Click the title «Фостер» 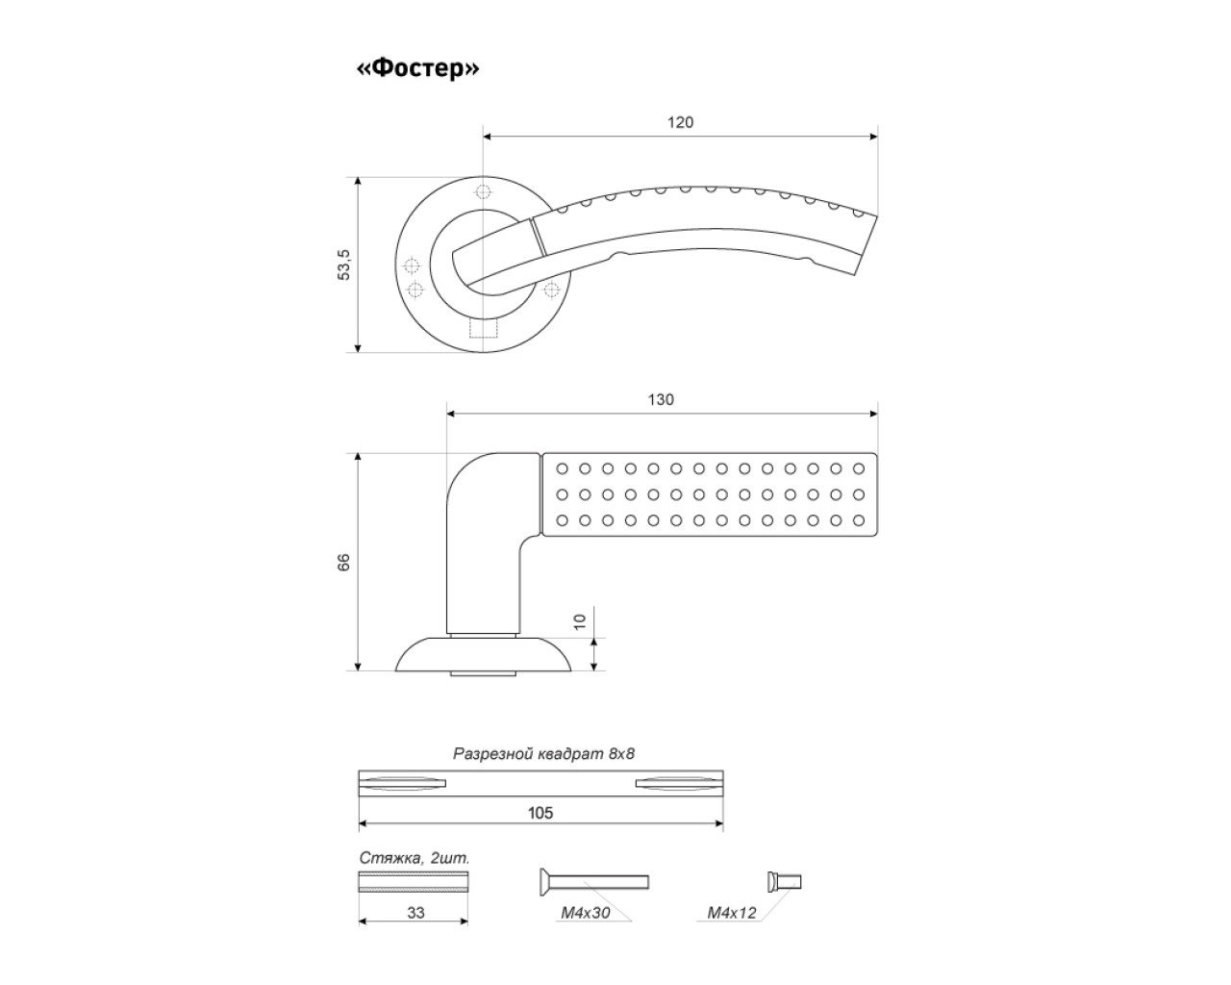[x=418, y=68]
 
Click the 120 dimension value [x=680, y=122]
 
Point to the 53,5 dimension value [x=343, y=265]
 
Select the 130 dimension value [x=661, y=399]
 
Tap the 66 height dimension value [x=343, y=563]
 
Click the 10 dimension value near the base [x=580, y=621]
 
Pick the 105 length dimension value [x=540, y=813]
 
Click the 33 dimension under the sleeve [x=415, y=912]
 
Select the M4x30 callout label [x=585, y=912]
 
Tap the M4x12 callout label [x=732, y=912]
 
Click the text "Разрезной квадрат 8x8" [x=543, y=753]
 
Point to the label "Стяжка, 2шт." [x=415, y=858]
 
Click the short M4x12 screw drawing [x=784, y=881]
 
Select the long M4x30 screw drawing [x=594, y=881]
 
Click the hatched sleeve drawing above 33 [x=413, y=881]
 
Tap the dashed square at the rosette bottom [x=484, y=328]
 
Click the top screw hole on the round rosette [x=484, y=191]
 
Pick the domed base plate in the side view [x=484, y=654]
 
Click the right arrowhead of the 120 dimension [x=873, y=137]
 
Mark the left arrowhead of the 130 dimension [x=451, y=414]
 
